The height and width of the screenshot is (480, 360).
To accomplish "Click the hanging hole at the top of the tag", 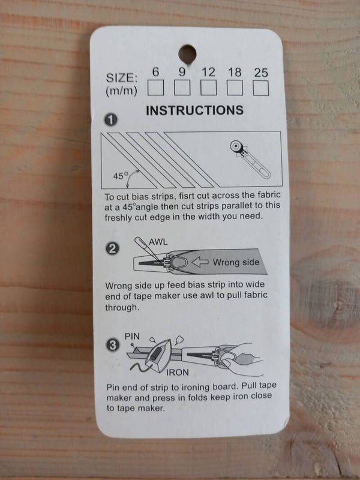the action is click(x=187, y=54).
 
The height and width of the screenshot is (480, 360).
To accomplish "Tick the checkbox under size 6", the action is click(x=155, y=88).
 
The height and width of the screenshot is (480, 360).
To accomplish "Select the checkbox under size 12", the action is click(x=208, y=88).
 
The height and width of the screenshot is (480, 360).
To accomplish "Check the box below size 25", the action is click(x=261, y=88).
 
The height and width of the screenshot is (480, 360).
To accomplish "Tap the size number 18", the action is click(x=235, y=72).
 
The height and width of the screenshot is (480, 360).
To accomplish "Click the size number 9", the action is click(x=182, y=72).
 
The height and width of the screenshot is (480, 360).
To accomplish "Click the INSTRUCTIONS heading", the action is click(x=194, y=110).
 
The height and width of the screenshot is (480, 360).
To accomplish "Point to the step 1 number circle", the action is click(x=111, y=119).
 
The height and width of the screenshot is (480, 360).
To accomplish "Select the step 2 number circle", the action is click(x=112, y=248).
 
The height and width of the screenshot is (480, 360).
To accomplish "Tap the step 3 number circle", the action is click(x=113, y=346).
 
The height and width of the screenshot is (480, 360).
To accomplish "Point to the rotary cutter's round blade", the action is click(x=236, y=146).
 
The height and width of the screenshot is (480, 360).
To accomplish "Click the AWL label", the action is click(x=158, y=242).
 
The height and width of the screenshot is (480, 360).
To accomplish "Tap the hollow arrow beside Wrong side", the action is click(x=200, y=262).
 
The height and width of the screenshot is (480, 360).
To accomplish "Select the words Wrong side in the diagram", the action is click(x=236, y=262).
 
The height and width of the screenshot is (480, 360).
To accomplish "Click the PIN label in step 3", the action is click(x=132, y=337).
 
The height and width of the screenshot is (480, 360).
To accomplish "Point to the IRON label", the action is click(x=178, y=372).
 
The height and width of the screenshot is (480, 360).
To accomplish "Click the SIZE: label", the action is click(x=122, y=78).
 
